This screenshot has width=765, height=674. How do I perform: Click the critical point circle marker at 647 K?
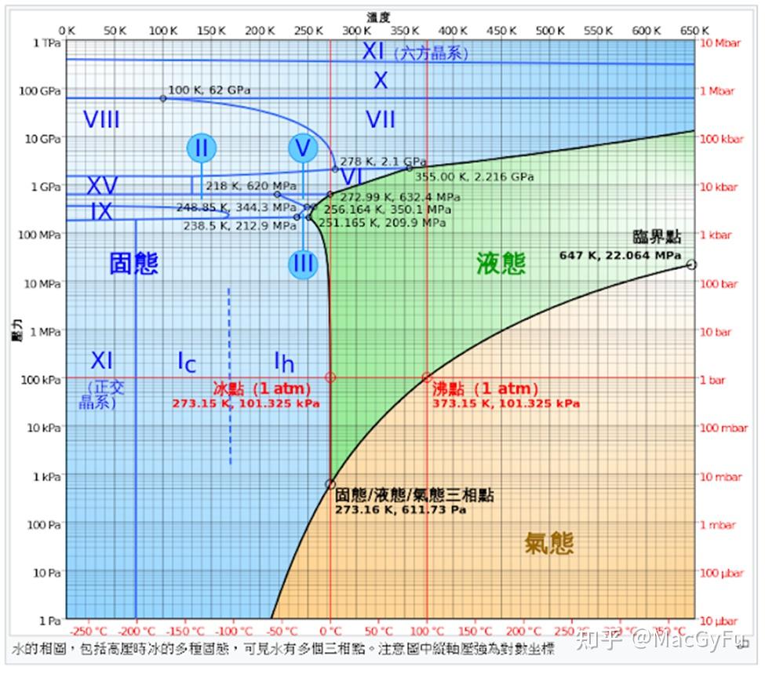point(690,264)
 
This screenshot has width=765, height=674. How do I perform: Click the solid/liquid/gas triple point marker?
point(330,484)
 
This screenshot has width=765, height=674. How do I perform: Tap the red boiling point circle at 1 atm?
point(427,377)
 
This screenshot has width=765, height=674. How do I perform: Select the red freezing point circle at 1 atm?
point(330,377)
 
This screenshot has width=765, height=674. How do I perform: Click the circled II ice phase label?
point(201,148)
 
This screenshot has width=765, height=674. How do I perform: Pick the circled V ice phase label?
point(303,148)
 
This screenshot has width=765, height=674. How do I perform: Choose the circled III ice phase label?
point(303,264)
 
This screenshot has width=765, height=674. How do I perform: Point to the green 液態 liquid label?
point(501,264)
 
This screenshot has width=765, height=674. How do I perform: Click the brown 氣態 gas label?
point(549,542)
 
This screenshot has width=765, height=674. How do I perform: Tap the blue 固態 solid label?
point(133,264)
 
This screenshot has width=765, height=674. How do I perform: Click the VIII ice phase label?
point(102,120)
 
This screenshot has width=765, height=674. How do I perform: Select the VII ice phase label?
point(381,120)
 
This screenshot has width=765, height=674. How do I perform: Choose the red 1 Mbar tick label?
point(717,91)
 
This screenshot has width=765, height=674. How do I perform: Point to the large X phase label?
point(381,80)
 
